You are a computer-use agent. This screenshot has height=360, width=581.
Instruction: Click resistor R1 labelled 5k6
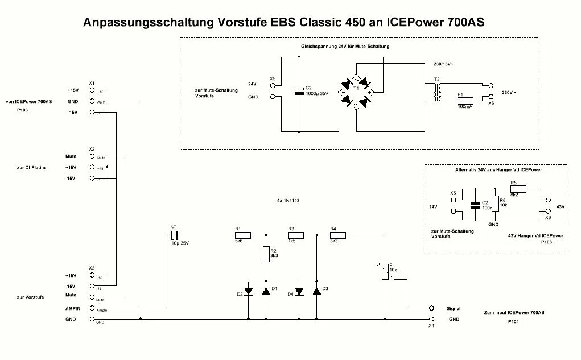243,234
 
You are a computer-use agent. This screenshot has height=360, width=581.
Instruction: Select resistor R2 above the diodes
266,254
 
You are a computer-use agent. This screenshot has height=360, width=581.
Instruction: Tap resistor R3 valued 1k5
296,234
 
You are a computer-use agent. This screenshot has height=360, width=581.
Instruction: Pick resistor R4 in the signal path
338,234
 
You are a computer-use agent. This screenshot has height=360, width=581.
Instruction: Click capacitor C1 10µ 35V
176,234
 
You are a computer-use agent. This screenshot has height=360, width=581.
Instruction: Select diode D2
249,291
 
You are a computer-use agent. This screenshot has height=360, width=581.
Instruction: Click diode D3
316,291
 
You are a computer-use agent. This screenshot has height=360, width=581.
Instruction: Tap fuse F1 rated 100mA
465,100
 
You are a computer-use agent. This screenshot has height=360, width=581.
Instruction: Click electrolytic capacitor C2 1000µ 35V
299,90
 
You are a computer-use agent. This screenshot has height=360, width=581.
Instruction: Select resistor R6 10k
495,204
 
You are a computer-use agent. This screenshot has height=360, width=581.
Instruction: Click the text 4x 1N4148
289,201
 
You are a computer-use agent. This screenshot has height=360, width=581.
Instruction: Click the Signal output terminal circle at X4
431,308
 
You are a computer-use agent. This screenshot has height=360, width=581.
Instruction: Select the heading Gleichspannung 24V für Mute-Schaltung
345,46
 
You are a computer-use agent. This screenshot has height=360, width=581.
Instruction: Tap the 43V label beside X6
560,206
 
